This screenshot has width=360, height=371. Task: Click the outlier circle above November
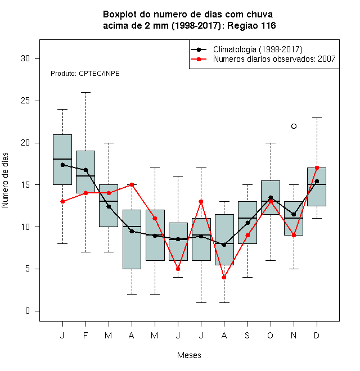[294, 126]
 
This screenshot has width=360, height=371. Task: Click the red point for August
[224, 277]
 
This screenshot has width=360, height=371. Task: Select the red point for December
[317, 168]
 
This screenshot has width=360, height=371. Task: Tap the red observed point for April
[132, 184]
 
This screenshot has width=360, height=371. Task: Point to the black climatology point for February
[85, 170]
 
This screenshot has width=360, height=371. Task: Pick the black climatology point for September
[247, 223]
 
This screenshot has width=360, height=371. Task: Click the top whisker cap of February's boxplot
[85, 93]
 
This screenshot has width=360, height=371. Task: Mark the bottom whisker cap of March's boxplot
[109, 252]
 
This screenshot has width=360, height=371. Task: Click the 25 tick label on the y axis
[25, 101]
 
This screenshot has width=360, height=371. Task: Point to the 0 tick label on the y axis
[28, 311]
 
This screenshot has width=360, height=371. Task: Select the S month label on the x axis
[247, 335]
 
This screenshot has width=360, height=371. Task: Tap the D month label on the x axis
[317, 335]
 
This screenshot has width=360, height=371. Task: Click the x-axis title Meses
[189, 355]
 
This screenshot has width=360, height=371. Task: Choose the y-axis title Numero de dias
[5, 180]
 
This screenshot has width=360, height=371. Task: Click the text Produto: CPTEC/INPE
[85, 74]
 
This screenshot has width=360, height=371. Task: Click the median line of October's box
[271, 201]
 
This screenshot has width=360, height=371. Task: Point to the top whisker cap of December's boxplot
[317, 117]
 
